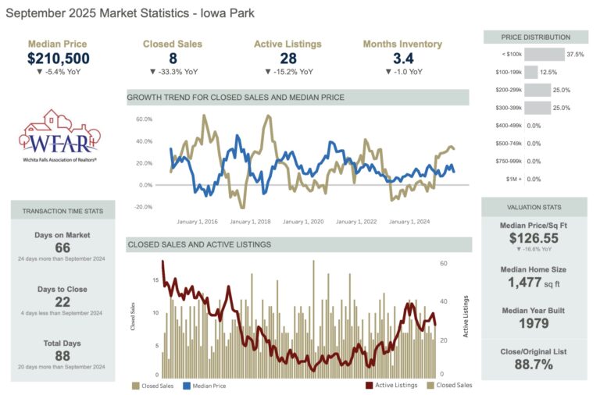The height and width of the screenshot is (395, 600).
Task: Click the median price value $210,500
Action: [x=58, y=59]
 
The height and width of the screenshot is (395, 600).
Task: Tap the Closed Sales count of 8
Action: [x=173, y=59]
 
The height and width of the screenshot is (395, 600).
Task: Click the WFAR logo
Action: [x=61, y=136]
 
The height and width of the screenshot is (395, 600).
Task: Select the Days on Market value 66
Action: [x=62, y=248]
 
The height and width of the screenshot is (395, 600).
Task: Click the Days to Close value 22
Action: [x=62, y=302]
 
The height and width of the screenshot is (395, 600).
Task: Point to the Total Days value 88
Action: [x=62, y=356]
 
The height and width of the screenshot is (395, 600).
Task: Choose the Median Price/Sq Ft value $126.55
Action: [x=534, y=239]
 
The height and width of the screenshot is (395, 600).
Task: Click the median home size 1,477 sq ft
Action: [x=534, y=283]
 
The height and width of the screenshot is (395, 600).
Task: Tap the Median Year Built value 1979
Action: [x=534, y=324]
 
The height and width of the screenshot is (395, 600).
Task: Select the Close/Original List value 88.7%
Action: [x=534, y=364]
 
